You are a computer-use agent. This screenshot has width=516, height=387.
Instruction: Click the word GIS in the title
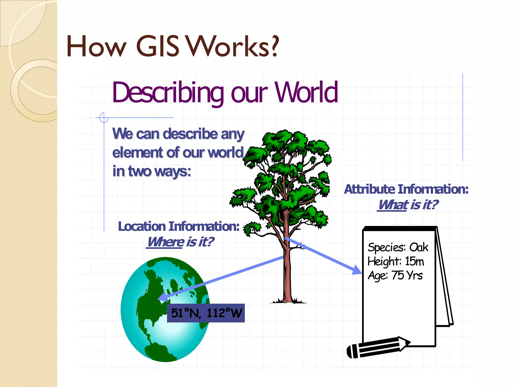click(x=158, y=46)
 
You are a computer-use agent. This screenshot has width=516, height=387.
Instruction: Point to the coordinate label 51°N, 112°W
click(x=206, y=313)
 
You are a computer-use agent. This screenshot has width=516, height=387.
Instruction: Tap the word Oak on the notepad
click(x=418, y=247)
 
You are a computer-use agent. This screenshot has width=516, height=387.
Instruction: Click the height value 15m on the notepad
click(x=414, y=261)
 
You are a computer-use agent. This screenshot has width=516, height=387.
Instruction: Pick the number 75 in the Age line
click(x=398, y=275)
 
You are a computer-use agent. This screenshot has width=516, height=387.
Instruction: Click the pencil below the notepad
click(x=378, y=347)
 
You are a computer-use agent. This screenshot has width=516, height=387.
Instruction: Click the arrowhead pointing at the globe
click(x=163, y=297)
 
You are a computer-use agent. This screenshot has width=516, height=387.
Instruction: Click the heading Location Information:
click(x=179, y=226)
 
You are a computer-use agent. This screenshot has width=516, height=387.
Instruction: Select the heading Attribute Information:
click(x=406, y=189)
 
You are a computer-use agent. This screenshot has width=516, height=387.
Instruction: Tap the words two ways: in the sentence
click(x=159, y=171)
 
